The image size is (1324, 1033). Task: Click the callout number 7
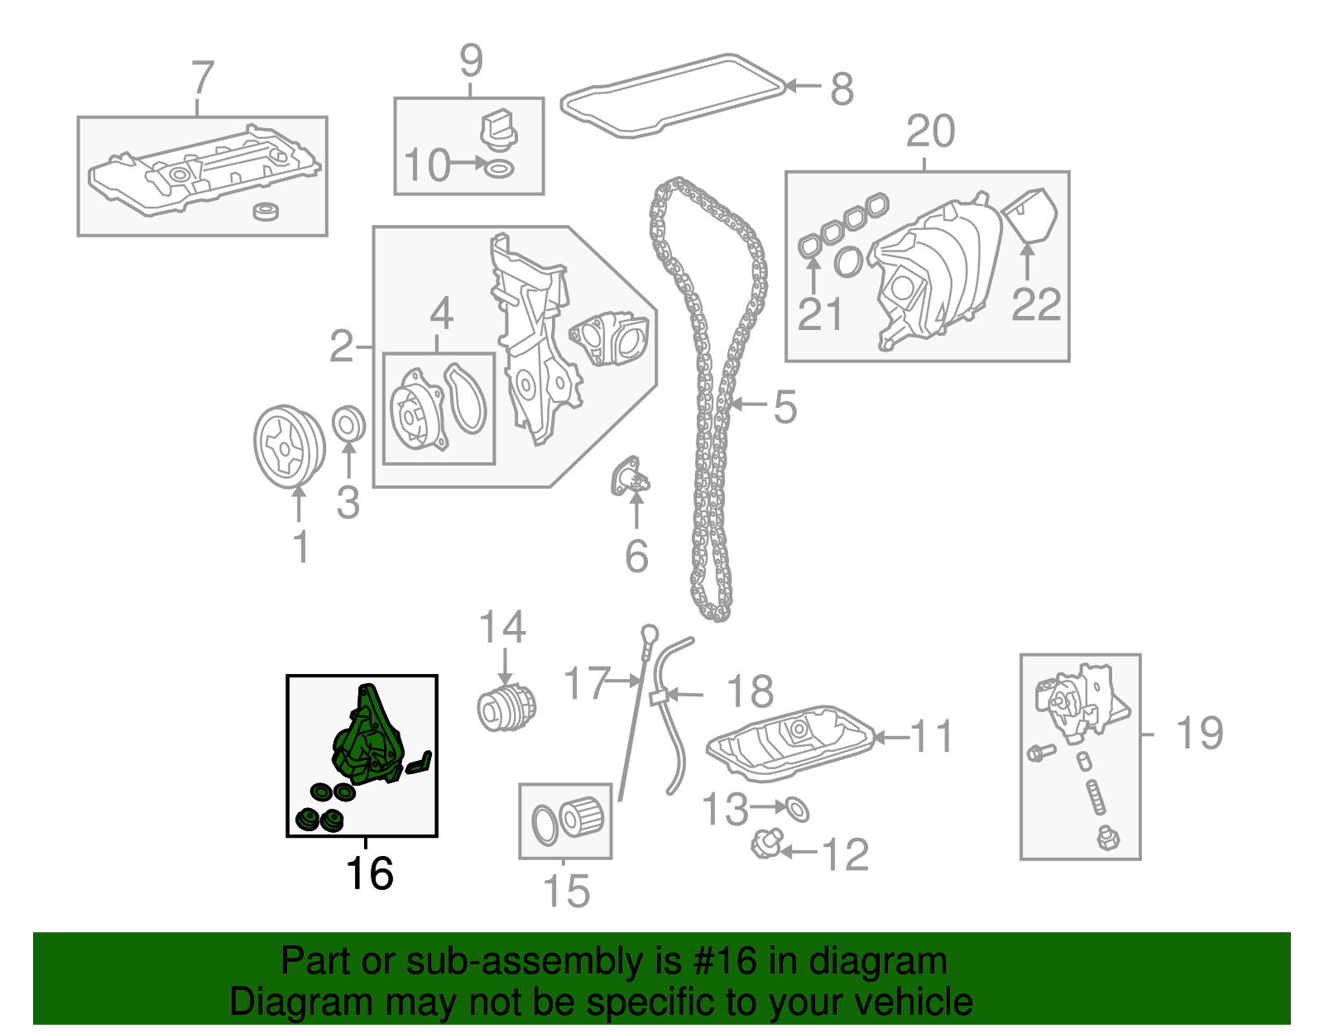pyautogui.click(x=203, y=79)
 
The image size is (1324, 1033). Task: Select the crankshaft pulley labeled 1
pyautogui.click(x=288, y=447)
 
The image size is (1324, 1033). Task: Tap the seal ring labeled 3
pyautogui.click(x=348, y=423)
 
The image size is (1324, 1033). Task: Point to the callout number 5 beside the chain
pyautogui.click(x=784, y=407)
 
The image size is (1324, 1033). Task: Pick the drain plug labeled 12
pyautogui.click(x=765, y=845)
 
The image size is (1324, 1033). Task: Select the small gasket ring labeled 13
pyautogui.click(x=796, y=809)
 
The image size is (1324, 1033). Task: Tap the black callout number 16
pyautogui.click(x=368, y=873)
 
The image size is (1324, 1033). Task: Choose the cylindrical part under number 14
pyautogui.click(x=506, y=707)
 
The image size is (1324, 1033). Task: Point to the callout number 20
pyautogui.click(x=930, y=132)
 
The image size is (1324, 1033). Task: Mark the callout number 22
pyautogui.click(x=1036, y=305)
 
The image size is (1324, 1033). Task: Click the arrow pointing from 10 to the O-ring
pyautogui.click(x=469, y=164)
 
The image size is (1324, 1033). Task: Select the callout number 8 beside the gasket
pyautogui.click(x=842, y=89)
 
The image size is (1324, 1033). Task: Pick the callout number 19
pyautogui.click(x=1199, y=733)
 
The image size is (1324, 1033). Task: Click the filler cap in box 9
pyautogui.click(x=497, y=131)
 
